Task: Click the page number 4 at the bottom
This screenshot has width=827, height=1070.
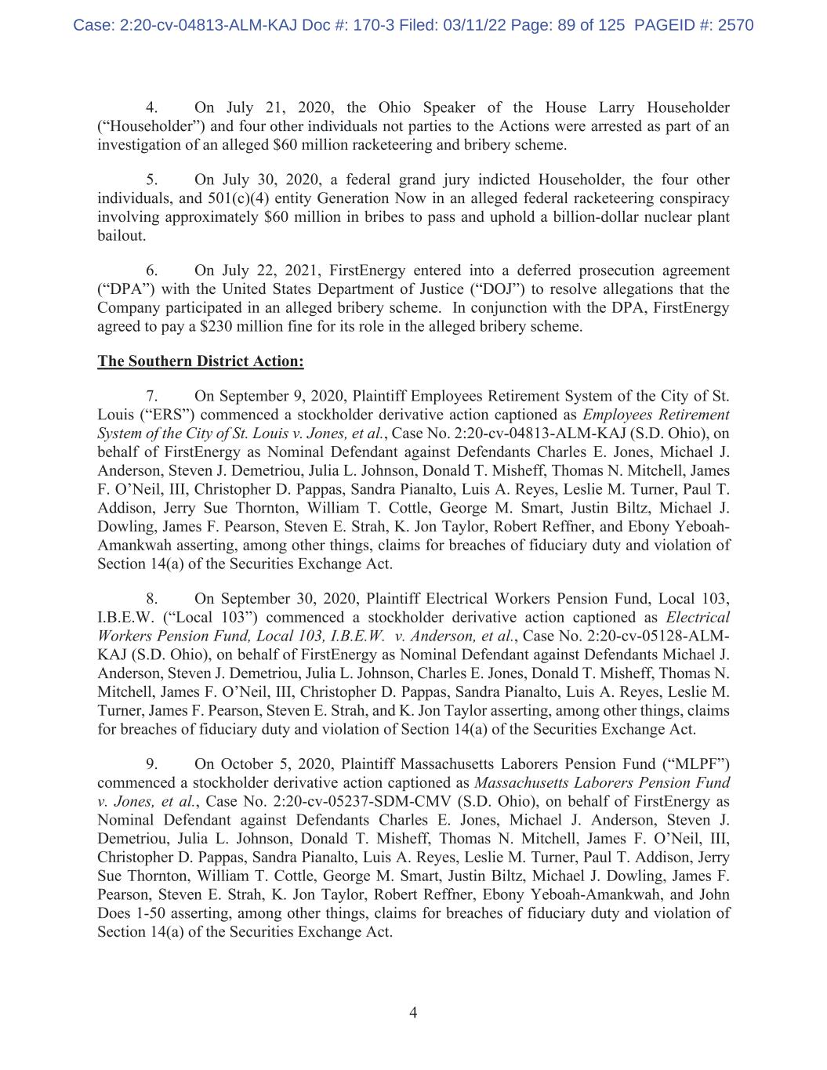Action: pyautogui.click(x=413, y=1013)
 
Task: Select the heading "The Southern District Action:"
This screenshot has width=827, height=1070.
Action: pyautogui.click(x=200, y=361)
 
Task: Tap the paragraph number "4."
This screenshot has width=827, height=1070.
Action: pyautogui.click(x=152, y=107)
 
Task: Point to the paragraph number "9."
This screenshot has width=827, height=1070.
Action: pyautogui.click(x=152, y=764)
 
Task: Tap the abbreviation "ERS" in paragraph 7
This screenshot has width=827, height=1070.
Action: pyautogui.click(x=165, y=415)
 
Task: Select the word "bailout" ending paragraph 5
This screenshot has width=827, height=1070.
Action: pyautogui.click(x=120, y=236)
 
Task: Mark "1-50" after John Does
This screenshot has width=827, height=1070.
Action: pyautogui.click(x=150, y=913)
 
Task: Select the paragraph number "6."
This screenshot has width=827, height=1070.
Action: pyautogui.click(x=152, y=270)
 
